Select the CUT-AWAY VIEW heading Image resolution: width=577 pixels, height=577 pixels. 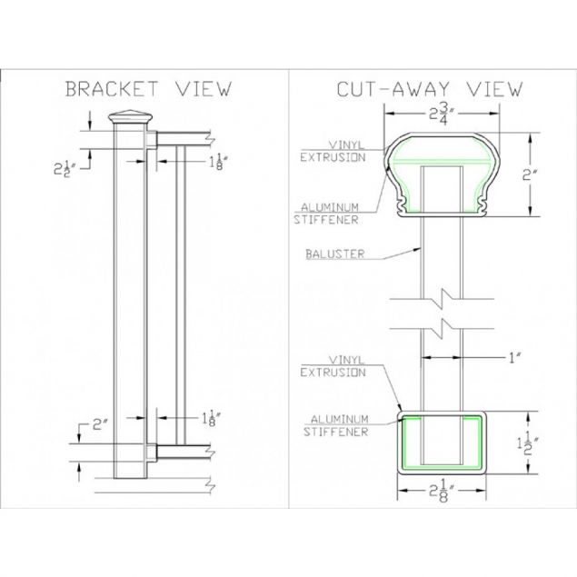click(x=430, y=89)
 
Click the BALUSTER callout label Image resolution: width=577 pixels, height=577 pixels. click(x=324, y=254)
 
